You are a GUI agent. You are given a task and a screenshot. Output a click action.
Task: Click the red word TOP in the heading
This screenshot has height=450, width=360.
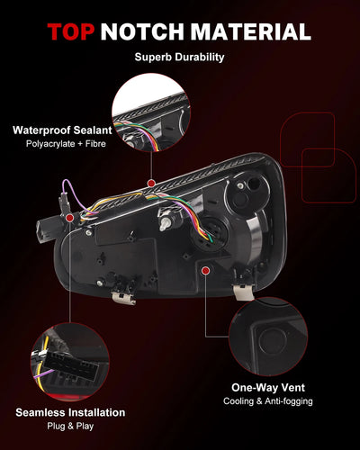tap(71, 31)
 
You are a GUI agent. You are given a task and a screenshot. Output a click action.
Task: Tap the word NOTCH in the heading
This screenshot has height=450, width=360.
tap(142, 31)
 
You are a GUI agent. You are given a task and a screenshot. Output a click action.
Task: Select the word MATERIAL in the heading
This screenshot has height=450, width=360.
tap(251, 31)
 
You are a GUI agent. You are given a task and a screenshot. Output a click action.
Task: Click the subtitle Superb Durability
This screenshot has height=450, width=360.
tap(179, 57)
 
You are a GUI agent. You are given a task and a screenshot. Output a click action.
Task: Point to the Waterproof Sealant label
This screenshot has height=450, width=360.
tap(62, 130)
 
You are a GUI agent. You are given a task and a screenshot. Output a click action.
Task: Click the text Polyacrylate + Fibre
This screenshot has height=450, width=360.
tap(66, 144)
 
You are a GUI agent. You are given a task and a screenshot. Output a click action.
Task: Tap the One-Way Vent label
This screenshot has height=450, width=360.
tap(268, 388)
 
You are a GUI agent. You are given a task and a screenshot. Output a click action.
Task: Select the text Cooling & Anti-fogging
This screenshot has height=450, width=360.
tap(268, 401)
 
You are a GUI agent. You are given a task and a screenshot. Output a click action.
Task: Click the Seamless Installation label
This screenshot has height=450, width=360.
tap(70, 412)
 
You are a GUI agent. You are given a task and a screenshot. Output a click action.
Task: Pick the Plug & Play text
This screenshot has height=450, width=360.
tap(70, 426)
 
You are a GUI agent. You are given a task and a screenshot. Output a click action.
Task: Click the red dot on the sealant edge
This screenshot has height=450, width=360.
tap(151, 184)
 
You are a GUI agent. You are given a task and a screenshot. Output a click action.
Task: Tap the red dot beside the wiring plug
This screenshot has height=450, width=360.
tap(69, 218)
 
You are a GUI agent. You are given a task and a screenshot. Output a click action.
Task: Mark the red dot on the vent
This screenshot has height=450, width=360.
tap(205, 271)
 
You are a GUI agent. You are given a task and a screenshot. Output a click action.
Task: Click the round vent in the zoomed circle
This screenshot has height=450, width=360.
tap(273, 341)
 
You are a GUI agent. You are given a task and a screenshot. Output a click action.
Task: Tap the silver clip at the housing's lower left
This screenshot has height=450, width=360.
tap(123, 298)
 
